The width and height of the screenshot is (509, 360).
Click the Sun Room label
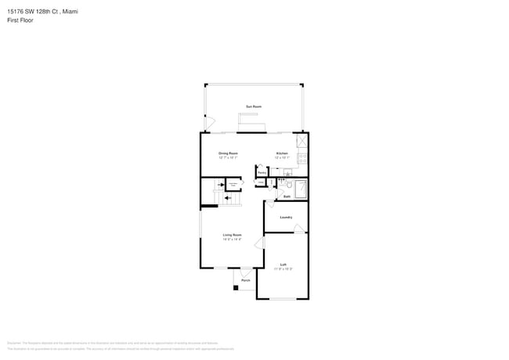(254, 106)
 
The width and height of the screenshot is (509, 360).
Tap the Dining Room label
(228, 153)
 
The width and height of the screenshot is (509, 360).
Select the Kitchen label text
(282, 153)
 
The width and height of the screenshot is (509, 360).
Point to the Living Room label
(232, 235)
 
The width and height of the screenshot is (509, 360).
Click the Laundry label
(286, 217)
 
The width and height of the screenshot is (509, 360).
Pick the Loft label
(283, 265)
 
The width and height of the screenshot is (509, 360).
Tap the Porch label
(245, 280)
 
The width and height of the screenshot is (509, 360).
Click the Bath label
(287, 196)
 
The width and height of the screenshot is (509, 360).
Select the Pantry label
(262, 173)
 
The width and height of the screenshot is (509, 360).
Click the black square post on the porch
(235, 287)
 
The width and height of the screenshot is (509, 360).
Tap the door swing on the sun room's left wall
(209, 122)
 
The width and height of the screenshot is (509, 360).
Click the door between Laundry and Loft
(298, 229)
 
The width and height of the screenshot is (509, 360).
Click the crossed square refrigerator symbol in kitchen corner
(302, 141)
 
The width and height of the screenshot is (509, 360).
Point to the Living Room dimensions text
(232, 239)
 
